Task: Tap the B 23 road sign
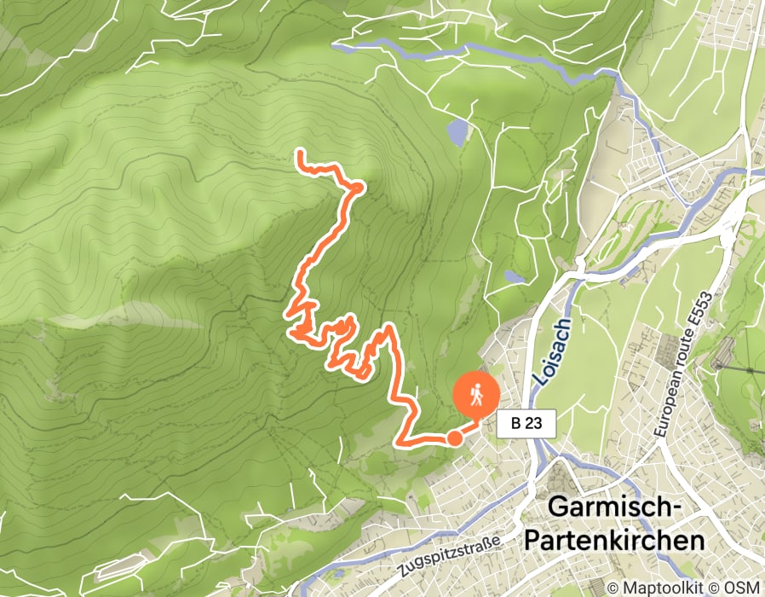[x=526, y=423]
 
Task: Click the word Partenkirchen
[x=616, y=541]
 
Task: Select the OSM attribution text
[x=744, y=587]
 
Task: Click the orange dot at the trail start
[x=455, y=438]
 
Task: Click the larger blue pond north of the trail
[x=458, y=131]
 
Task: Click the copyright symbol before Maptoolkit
[x=613, y=587]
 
